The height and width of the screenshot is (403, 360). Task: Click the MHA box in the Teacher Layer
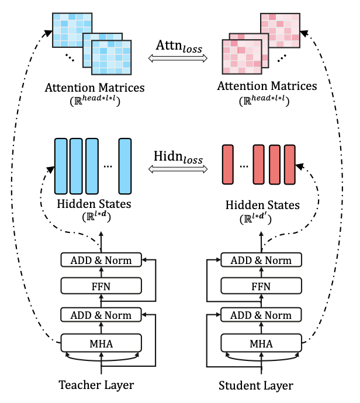tap(102, 342)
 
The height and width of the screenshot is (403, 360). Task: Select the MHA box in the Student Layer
tap(261, 342)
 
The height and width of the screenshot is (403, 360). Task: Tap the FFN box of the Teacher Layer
tap(102, 286)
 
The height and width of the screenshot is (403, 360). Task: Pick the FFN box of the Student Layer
tap(261, 286)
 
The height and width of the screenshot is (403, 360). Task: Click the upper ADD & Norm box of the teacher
tap(102, 259)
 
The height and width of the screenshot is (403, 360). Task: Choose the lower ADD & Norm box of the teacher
tap(102, 315)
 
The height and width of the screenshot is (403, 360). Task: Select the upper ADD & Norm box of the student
tap(261, 259)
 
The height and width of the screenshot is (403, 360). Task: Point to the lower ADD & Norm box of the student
tap(261, 315)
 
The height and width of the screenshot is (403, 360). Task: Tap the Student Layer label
tap(255, 385)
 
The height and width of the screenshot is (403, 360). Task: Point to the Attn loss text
tap(179, 45)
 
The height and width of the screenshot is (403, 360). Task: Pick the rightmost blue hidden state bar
tap(124, 166)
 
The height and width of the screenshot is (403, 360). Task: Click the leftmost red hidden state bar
tap(228, 166)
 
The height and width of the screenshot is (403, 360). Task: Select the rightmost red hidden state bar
tap(290, 166)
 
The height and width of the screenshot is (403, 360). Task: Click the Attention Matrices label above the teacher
tap(95, 88)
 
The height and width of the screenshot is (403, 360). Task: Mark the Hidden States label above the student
tap(262, 206)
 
